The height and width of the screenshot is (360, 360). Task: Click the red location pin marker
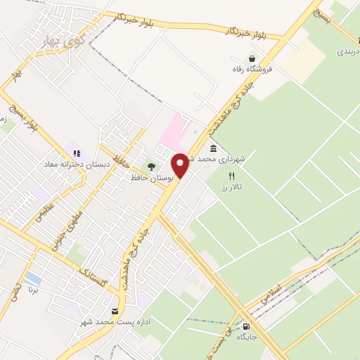point(181,165)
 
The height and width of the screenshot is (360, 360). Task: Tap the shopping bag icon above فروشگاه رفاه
point(252,58)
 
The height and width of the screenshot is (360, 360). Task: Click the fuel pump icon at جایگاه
point(245,326)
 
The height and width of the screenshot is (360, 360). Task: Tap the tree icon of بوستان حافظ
point(151,167)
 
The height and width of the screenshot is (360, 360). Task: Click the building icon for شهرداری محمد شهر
point(213,149)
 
